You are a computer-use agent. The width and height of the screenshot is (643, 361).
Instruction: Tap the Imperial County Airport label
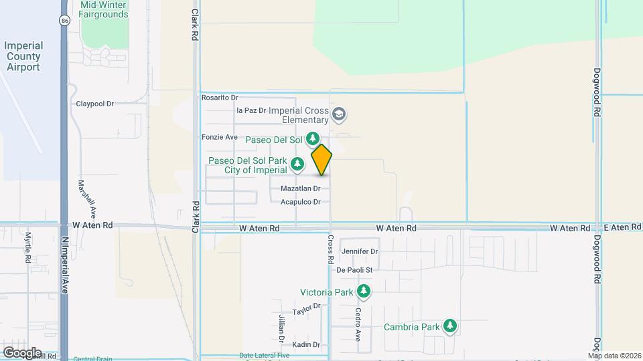23,56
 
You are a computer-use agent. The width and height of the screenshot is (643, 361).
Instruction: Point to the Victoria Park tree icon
364,291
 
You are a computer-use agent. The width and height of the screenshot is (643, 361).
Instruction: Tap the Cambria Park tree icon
451,326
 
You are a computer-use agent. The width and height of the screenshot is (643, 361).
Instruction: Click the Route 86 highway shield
63,21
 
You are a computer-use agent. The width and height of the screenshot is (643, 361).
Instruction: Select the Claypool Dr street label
95,104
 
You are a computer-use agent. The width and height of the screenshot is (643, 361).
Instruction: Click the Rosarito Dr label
220,98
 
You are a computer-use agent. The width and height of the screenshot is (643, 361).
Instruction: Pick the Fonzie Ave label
220,137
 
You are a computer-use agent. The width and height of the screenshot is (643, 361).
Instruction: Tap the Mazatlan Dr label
300,189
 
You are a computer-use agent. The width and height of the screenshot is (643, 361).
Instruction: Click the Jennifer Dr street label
360,251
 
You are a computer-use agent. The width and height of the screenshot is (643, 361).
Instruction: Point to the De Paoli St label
358,269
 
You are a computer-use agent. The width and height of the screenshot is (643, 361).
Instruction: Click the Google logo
22,352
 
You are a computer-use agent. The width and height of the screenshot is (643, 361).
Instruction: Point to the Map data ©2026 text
614,356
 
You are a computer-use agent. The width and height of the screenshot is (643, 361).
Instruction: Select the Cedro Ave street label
358,321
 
